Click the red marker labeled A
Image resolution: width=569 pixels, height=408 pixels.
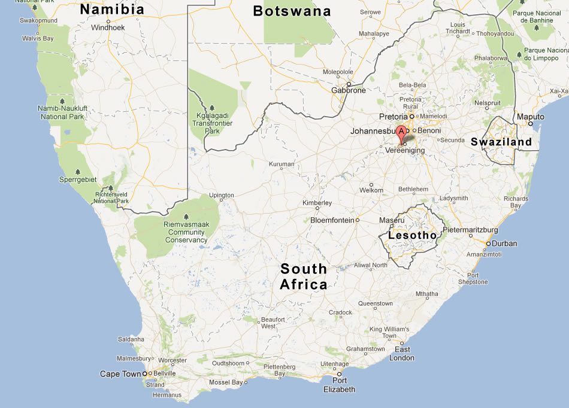click(x=401, y=133)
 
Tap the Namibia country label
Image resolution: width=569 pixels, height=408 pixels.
click(x=112, y=10)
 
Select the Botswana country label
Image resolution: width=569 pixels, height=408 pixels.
click(x=292, y=11)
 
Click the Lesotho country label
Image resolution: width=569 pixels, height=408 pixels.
click(x=413, y=236)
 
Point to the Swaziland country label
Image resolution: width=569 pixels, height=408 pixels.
click(x=501, y=142)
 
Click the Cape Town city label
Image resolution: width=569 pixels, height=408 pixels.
click(x=120, y=374)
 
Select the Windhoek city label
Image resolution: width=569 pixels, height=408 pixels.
click(x=108, y=28)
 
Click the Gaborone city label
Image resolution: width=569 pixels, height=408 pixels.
click(x=349, y=90)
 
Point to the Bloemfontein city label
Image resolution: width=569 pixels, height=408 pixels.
click(x=332, y=220)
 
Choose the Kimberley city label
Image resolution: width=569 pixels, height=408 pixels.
click(x=317, y=203)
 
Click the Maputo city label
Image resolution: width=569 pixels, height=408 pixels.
click(x=531, y=117)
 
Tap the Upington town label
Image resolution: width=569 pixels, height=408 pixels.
click(x=221, y=196)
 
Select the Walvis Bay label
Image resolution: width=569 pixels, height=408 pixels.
click(x=38, y=38)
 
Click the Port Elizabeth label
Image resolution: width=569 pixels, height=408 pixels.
click(x=340, y=385)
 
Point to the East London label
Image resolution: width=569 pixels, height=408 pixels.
click(x=402, y=354)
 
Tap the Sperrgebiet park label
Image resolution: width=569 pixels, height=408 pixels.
click(x=78, y=179)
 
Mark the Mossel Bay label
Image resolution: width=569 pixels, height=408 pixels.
click(x=226, y=382)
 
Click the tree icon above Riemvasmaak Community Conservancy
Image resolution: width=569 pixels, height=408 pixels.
click(x=186, y=217)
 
